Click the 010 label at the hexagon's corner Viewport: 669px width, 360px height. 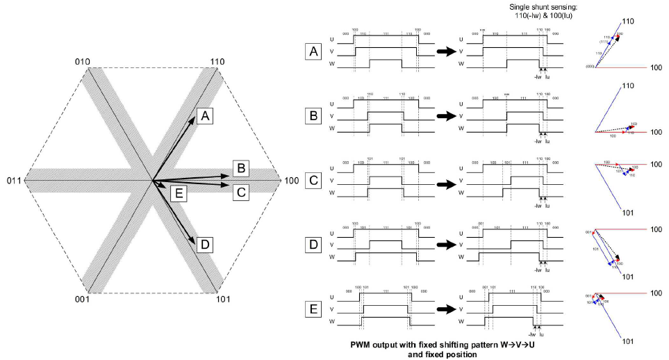pyautogui.click(x=83, y=62)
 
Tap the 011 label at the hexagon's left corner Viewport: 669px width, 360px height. pyautogui.click(x=15, y=181)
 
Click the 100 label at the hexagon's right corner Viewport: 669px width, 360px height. pyautogui.click(x=292, y=181)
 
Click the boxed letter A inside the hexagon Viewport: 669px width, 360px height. pyautogui.click(x=204, y=116)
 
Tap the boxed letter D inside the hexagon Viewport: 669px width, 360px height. pyautogui.click(x=204, y=245)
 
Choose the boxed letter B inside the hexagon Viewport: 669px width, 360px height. pyautogui.click(x=240, y=167)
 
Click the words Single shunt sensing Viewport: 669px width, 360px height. pyautogui.click(x=535, y=6)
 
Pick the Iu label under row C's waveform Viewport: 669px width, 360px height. pyautogui.click(x=547, y=206)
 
